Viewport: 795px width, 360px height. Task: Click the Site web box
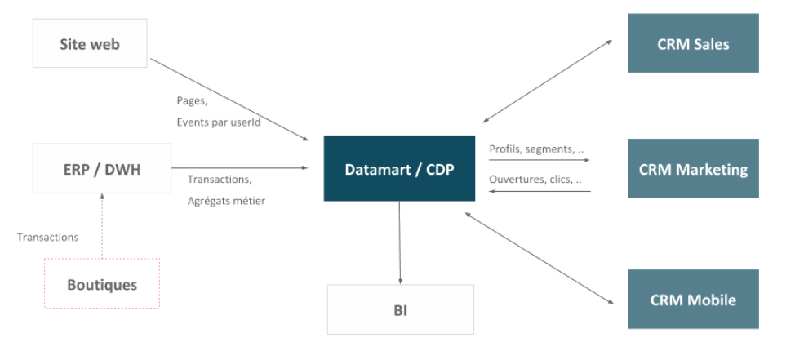point(90,43)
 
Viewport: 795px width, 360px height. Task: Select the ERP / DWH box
point(102,168)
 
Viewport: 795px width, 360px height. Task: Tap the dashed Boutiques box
point(102,283)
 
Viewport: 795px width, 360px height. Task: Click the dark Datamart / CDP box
point(399,168)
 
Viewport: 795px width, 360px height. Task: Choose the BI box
point(401,309)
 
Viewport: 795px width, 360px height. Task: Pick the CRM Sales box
point(693,43)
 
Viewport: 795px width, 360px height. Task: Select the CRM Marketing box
point(693,168)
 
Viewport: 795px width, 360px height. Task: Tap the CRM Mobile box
point(693,299)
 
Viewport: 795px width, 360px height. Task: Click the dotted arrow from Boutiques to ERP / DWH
point(102,225)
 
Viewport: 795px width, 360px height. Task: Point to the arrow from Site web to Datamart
point(229,100)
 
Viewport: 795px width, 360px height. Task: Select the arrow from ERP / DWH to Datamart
point(240,168)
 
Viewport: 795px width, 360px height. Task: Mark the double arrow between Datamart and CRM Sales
point(548,81)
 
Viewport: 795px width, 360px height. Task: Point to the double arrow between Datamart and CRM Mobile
point(540,258)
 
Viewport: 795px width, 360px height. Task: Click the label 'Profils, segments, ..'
point(536,149)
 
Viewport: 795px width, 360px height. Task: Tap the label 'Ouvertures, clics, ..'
point(535,179)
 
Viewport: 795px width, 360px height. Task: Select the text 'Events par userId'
point(219,122)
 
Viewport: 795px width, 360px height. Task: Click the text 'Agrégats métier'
point(226,202)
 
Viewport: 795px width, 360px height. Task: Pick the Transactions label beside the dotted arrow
point(47,238)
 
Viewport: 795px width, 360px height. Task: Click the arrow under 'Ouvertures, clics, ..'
point(540,191)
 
